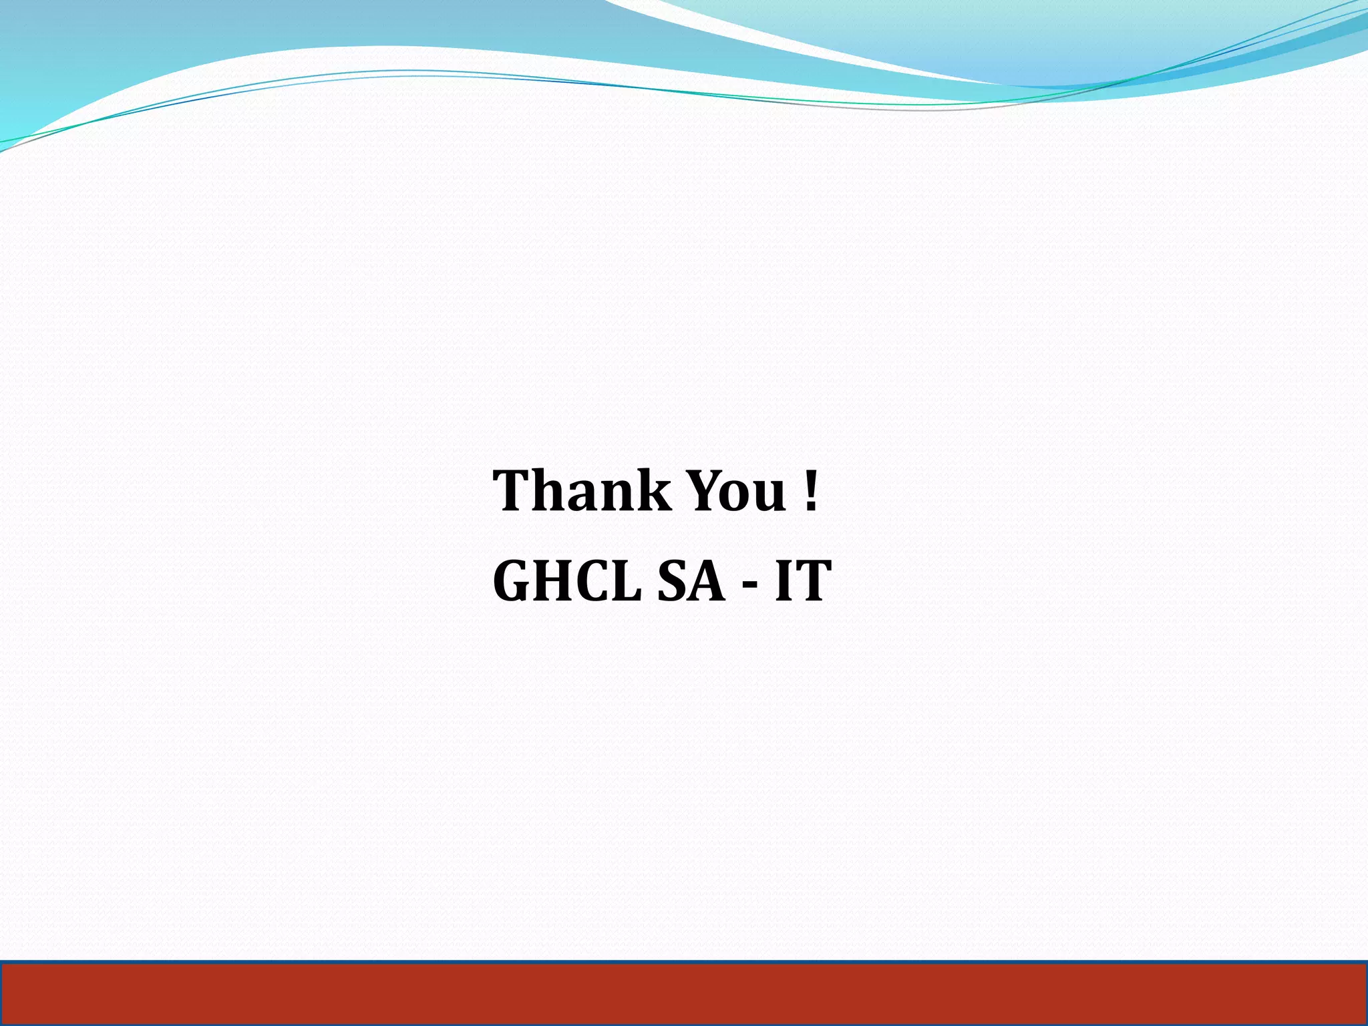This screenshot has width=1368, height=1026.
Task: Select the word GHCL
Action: [x=567, y=580]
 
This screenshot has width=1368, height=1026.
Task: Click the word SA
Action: [x=691, y=580]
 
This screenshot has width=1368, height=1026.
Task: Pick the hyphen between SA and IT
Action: [x=750, y=583]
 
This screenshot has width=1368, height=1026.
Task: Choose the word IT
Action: [x=802, y=580]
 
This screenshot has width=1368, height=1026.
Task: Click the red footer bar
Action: [x=684, y=993]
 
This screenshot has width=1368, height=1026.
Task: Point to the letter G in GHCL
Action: [x=513, y=580]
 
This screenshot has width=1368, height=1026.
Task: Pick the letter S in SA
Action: [x=673, y=580]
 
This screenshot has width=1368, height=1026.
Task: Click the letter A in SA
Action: [x=708, y=580]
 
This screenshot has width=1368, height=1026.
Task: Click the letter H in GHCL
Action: [x=554, y=580]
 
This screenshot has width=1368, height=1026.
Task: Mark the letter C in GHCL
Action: [x=594, y=580]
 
